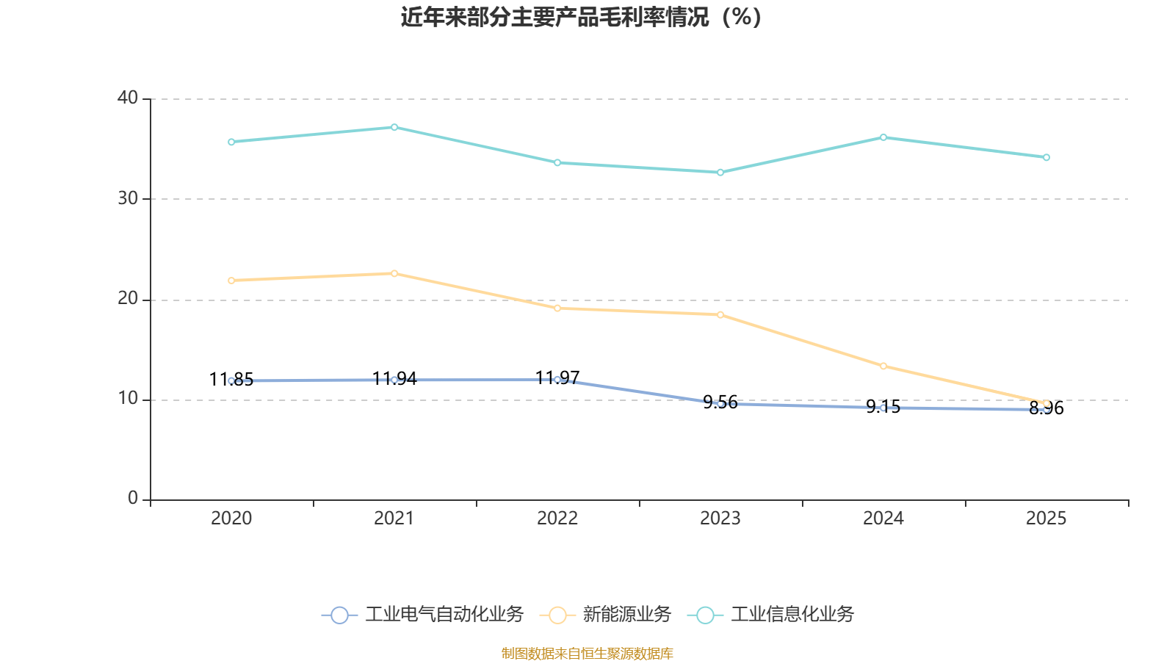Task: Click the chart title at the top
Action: click(x=581, y=17)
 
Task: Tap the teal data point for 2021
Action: click(x=394, y=127)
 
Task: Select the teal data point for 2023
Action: click(x=720, y=173)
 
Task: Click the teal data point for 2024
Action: click(x=883, y=137)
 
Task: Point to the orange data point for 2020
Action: click(x=231, y=281)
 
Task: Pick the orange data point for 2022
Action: click(x=557, y=308)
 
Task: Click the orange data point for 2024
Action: click(x=883, y=366)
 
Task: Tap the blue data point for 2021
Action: click(x=394, y=380)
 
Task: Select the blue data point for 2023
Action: click(x=720, y=403)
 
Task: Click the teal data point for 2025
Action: click(x=1046, y=157)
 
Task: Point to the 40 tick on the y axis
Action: click(x=128, y=98)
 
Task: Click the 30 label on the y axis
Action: click(x=128, y=198)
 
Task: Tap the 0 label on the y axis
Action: click(x=133, y=499)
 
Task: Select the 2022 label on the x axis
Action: click(x=557, y=519)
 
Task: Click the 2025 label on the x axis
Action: click(x=1046, y=519)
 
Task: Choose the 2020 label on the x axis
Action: click(x=231, y=519)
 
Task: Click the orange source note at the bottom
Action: click(x=587, y=653)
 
